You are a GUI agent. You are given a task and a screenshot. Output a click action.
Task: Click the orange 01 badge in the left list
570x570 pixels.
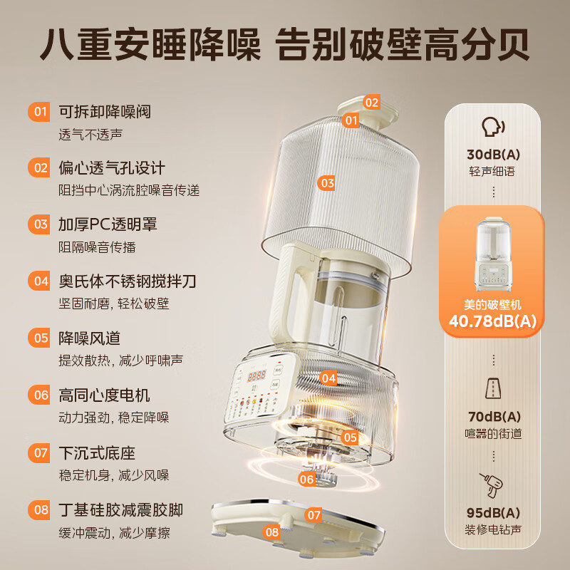point(40,112)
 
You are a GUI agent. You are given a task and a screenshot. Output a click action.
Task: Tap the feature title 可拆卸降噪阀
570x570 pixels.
point(104,112)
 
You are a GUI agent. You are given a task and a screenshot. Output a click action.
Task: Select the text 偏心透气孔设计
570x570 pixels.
point(111,168)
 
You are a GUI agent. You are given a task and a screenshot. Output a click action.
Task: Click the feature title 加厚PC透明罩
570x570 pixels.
point(108,224)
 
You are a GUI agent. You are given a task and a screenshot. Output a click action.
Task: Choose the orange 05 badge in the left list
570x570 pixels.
point(40,337)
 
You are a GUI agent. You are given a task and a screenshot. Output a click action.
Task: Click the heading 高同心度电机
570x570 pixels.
point(104,394)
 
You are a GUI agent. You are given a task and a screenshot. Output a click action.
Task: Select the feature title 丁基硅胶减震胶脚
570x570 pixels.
point(120,509)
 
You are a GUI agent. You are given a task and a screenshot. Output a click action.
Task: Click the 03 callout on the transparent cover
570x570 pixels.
point(327,183)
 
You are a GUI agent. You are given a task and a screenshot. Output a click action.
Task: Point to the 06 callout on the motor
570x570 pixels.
point(307,480)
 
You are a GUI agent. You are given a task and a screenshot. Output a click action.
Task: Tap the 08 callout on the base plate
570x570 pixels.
point(271,532)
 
